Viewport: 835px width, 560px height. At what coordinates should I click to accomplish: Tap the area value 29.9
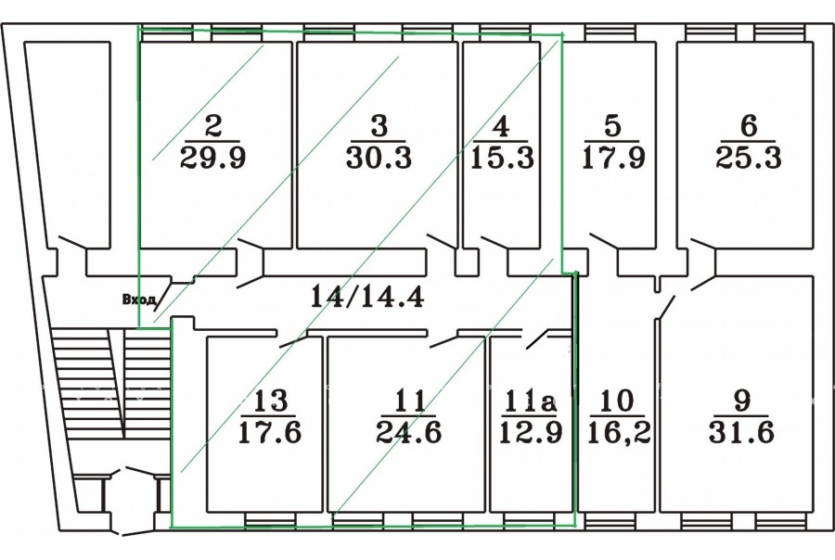pos(213,159)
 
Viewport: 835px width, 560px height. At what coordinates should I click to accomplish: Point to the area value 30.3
pos(379,159)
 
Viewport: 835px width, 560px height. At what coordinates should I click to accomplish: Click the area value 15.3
pos(502,159)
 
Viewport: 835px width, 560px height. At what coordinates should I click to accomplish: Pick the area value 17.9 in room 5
pos(613,159)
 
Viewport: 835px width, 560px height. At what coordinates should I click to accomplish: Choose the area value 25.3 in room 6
pos(748,159)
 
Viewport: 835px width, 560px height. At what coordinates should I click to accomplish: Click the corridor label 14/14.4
pos(366,297)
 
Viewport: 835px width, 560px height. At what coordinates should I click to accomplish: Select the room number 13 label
pos(271,401)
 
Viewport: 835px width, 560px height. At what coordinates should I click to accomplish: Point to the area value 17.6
pos(269,432)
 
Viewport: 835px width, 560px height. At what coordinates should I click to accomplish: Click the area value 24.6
pos(409,432)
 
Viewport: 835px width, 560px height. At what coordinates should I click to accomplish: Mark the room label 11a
pos(530,401)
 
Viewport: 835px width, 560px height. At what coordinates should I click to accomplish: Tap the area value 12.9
pos(531,432)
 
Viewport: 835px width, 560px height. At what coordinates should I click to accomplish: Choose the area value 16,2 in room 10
pos(619,432)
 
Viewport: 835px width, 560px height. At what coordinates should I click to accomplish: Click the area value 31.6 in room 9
pos(741,432)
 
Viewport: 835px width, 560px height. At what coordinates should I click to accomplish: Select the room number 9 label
pos(741,401)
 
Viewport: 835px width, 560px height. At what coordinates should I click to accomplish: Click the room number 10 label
pos(618,401)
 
